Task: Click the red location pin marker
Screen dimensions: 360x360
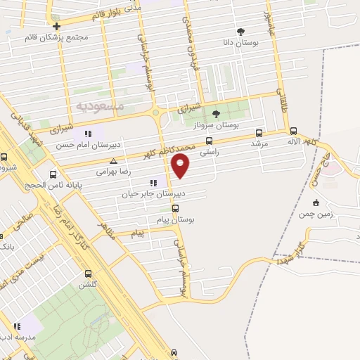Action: coord(181,165)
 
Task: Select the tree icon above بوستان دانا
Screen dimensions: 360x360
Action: coord(241,32)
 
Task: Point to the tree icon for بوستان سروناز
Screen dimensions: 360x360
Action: coord(217,113)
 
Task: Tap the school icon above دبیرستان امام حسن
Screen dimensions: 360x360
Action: coord(88,134)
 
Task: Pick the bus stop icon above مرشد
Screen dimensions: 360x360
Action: coord(259,132)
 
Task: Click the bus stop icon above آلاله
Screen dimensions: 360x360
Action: coord(293,130)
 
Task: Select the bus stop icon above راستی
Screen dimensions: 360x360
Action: coord(209,141)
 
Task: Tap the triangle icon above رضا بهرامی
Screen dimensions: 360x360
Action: coord(113,161)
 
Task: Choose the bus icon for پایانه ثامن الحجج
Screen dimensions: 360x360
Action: coord(53,175)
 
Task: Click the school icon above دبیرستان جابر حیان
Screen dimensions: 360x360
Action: coord(153,184)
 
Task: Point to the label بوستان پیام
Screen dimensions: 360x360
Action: coord(176,219)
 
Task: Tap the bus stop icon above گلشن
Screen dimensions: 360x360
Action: coord(88,274)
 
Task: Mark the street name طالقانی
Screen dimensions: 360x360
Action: coord(283,102)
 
